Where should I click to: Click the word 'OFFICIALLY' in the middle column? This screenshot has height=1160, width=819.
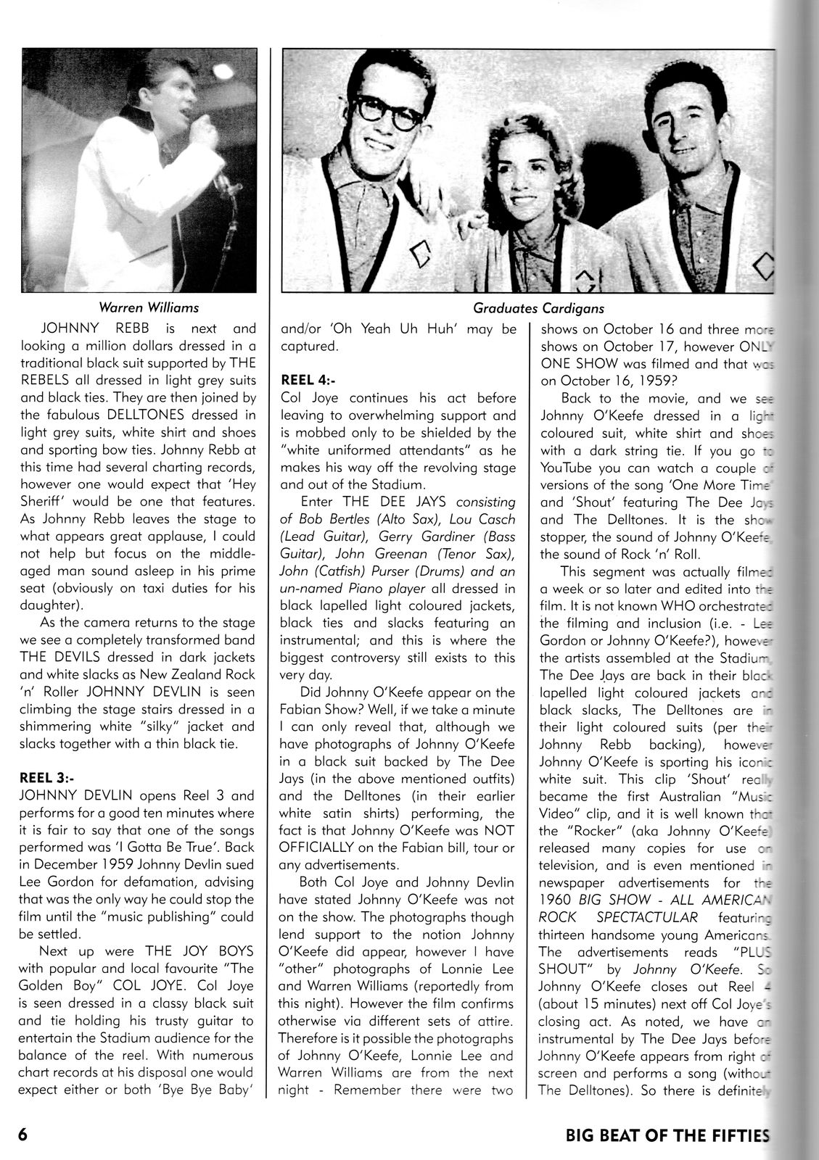tap(318, 848)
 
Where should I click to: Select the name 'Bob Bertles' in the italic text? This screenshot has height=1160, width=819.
tap(336, 519)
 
